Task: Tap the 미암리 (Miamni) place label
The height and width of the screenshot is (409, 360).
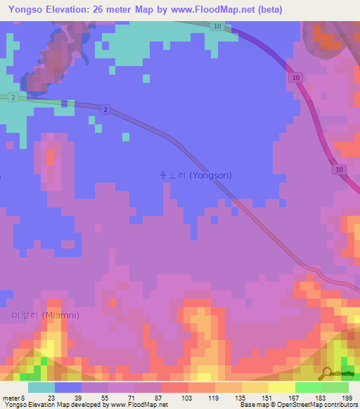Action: point(45,315)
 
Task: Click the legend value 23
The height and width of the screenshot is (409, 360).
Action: point(51,397)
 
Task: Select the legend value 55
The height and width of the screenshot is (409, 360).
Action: point(105,397)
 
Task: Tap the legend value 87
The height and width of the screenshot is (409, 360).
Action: point(159,397)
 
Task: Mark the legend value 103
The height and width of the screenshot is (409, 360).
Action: point(186,397)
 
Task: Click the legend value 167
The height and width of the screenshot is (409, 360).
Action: point(293,397)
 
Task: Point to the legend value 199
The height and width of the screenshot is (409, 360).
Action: point(347,397)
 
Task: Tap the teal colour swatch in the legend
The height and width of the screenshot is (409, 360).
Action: point(41,387)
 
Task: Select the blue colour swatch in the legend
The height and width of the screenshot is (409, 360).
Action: point(68,387)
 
